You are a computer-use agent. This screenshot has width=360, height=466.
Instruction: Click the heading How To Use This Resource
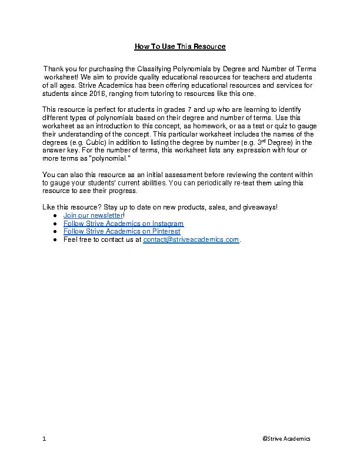(x=180, y=46)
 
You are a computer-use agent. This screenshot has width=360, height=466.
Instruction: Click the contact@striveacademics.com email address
(x=191, y=239)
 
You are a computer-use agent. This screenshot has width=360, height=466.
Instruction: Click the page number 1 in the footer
(x=44, y=439)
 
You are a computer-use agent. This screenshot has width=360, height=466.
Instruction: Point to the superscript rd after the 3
(x=267, y=141)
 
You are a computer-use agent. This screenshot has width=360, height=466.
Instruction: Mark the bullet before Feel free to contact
(x=54, y=240)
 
